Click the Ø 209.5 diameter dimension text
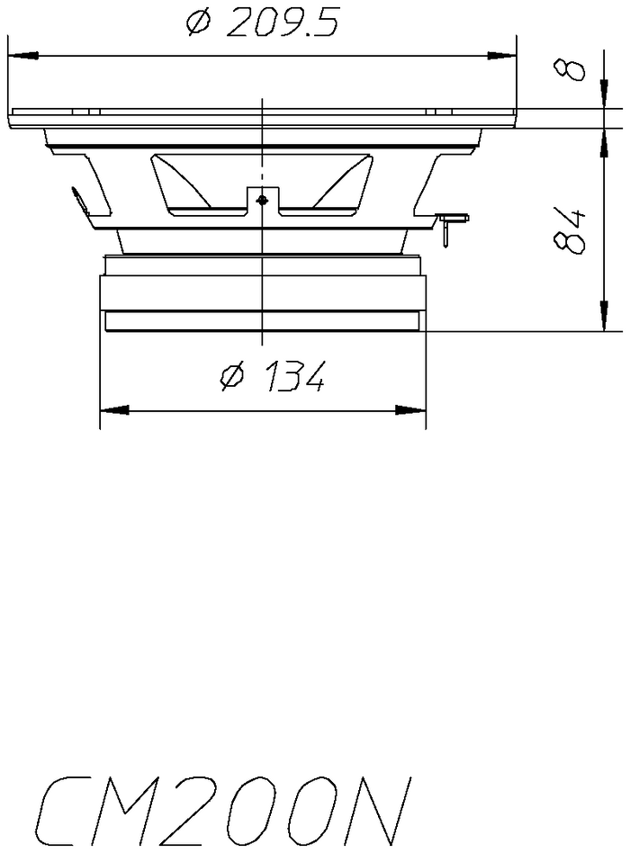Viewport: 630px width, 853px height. (263, 23)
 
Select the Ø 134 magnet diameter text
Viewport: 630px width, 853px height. (273, 375)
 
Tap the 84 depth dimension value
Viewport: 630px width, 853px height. (570, 230)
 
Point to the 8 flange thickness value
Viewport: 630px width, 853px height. (570, 70)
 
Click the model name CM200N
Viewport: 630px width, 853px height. (223, 811)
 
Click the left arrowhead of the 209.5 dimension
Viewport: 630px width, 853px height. (23, 56)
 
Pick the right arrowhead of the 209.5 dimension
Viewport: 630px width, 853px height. (501, 56)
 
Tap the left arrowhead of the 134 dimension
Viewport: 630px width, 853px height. (115, 409)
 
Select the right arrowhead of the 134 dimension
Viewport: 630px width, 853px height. (410, 409)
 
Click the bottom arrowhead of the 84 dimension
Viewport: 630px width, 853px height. (603, 316)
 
